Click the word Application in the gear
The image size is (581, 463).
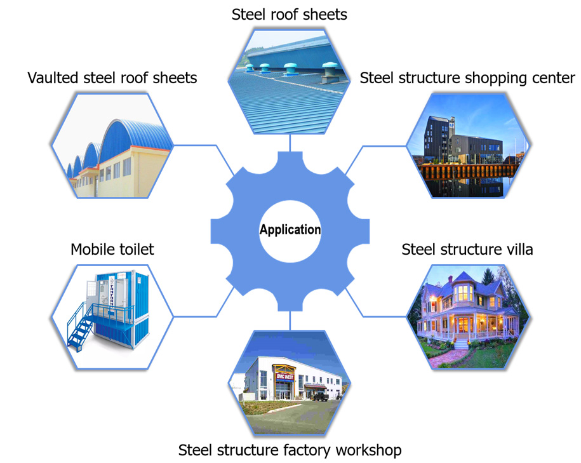click(290, 230)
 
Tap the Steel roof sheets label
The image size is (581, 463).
click(290, 14)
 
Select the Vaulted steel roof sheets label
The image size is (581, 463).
click(112, 77)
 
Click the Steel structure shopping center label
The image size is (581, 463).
click(467, 77)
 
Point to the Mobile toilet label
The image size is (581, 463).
click(112, 249)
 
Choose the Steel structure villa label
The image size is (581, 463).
click(467, 249)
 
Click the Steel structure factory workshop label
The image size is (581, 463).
click(290, 450)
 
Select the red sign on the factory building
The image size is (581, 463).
click(283, 376)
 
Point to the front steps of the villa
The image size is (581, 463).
click(462, 343)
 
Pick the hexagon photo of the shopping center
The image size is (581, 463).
click(468, 145)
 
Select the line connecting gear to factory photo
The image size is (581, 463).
click(290, 321)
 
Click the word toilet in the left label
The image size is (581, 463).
click(135, 249)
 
